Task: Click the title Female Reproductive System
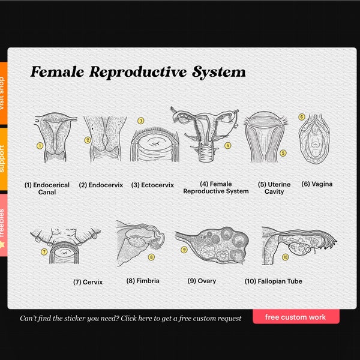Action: pyautogui.click(x=138, y=73)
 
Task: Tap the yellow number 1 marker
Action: pyautogui.click(x=39, y=145)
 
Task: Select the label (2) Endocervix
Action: pyautogui.click(x=101, y=185)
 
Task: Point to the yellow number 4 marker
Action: pyautogui.click(x=227, y=145)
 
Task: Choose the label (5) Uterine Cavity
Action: pyautogui.click(x=274, y=188)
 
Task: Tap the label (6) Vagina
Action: pyautogui.click(x=316, y=184)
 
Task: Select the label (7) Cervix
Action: pyautogui.click(x=88, y=281)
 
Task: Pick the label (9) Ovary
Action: pyautogui.click(x=202, y=280)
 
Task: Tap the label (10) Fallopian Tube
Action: pyautogui.click(x=274, y=281)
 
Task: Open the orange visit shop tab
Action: pyautogui.click(x=3, y=92)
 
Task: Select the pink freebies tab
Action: pyautogui.click(x=3, y=225)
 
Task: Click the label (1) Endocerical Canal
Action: pyautogui.click(x=47, y=188)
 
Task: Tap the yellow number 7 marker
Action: pyautogui.click(x=44, y=252)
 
